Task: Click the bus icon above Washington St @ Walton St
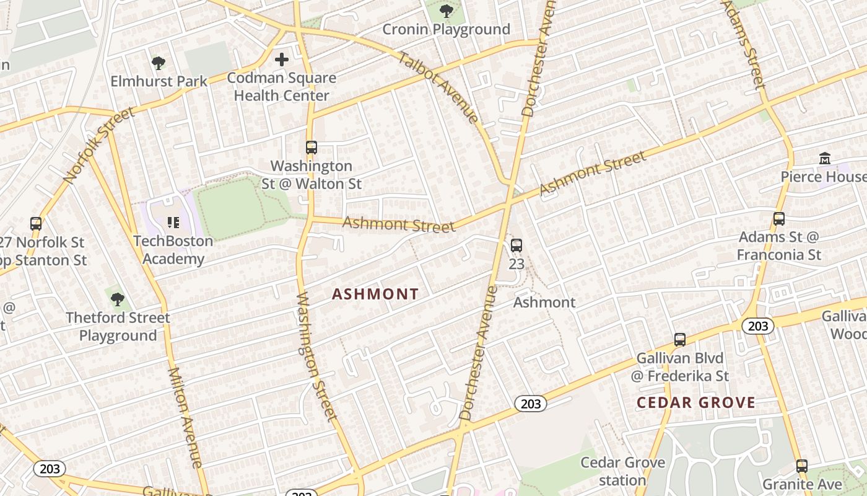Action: [x=312, y=148]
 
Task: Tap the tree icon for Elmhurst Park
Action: [x=159, y=63]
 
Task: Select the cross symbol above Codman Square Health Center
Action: [x=282, y=60]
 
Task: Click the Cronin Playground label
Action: [x=446, y=29]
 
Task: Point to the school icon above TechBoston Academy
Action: [x=173, y=222]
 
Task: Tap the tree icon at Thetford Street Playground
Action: [x=117, y=299]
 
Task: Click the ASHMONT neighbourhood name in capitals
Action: [x=375, y=294]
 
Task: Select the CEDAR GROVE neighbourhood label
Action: [x=696, y=402]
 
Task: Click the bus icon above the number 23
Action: [x=516, y=246]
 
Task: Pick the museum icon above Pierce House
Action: [x=825, y=159]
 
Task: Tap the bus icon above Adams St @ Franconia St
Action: [x=779, y=219]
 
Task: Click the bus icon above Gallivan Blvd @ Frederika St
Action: [x=680, y=340]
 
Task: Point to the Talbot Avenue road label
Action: [x=438, y=87]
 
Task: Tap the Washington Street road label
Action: [x=316, y=356]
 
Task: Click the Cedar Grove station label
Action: [x=622, y=471]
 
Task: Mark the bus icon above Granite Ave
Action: [x=802, y=466]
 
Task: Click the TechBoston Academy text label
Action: [x=173, y=249]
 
